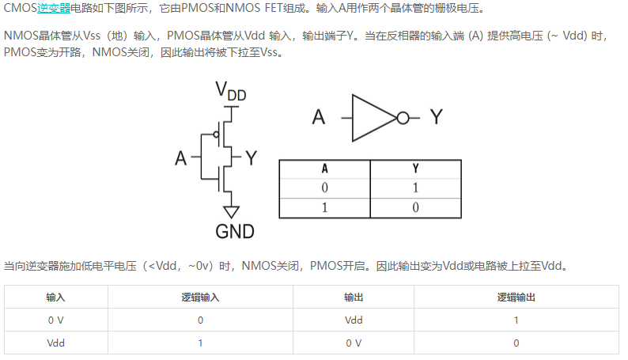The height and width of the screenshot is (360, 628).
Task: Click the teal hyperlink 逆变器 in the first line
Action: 54,8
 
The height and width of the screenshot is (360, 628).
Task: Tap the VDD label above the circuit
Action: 231,90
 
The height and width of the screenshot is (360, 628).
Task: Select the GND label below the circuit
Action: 235,232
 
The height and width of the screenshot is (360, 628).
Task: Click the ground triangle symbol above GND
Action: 231,212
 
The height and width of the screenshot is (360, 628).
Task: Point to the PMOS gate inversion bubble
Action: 216,135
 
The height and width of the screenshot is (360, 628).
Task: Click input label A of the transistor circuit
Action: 180,158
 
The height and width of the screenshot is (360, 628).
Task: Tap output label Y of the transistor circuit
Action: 251,158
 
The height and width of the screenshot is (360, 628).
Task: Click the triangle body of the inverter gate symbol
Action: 374,118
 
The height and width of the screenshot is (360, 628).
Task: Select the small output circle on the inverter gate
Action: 403,118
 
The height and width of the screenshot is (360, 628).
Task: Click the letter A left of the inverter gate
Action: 319,117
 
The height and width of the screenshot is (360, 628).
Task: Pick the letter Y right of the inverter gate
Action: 437,117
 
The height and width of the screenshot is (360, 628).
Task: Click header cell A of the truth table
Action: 325,169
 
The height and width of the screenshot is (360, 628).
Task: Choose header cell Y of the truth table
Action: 416,169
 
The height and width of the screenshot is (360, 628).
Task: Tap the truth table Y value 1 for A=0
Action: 415,188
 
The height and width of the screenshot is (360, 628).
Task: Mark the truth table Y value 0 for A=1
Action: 415,207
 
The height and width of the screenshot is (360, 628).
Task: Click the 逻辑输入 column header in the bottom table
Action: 200,297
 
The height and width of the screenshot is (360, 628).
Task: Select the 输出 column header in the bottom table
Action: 354,297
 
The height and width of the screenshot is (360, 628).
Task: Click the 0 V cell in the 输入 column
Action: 55,320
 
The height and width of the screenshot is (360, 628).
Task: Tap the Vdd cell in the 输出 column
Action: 354,320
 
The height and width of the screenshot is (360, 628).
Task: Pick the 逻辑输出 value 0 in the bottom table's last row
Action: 516,343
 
